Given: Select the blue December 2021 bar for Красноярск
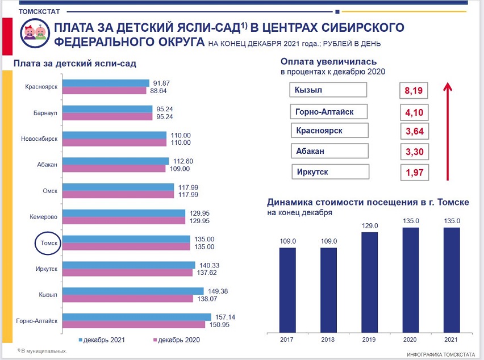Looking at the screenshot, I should [x=105, y=83].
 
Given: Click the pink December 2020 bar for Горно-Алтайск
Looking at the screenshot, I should [x=133, y=325].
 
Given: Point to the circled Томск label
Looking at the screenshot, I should [x=46, y=243].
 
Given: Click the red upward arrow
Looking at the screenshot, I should [x=447, y=131].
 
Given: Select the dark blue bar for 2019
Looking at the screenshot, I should [x=369, y=281].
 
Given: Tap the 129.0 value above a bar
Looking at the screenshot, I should [x=369, y=226].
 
